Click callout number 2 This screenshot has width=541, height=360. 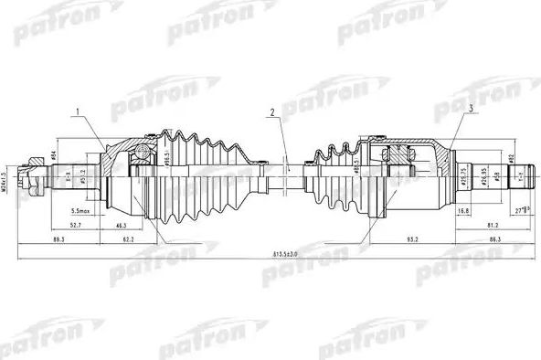pyautogui.click(x=271, y=113)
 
